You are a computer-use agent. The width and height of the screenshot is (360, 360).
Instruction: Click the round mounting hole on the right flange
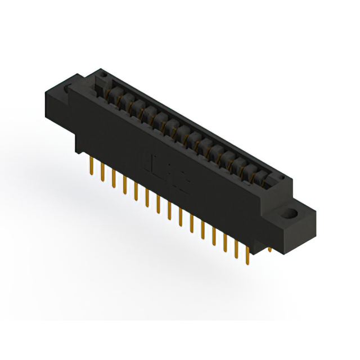coord(292,214)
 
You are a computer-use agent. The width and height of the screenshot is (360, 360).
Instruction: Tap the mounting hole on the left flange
coord(68,89)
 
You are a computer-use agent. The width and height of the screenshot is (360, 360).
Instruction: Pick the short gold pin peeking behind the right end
coord(269,248)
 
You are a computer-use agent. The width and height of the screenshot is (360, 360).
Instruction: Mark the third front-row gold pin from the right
coord(224,241)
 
